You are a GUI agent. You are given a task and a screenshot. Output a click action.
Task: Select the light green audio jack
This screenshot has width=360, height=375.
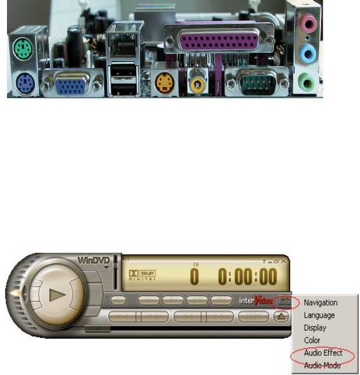(309, 84)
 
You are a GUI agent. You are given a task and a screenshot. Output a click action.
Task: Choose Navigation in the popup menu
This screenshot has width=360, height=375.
(320, 302)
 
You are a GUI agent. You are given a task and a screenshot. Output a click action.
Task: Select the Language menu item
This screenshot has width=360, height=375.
(319, 315)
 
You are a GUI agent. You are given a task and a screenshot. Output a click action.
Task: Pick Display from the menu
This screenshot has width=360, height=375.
(315, 327)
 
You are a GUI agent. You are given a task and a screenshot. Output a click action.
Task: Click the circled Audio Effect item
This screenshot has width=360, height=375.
(323, 353)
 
